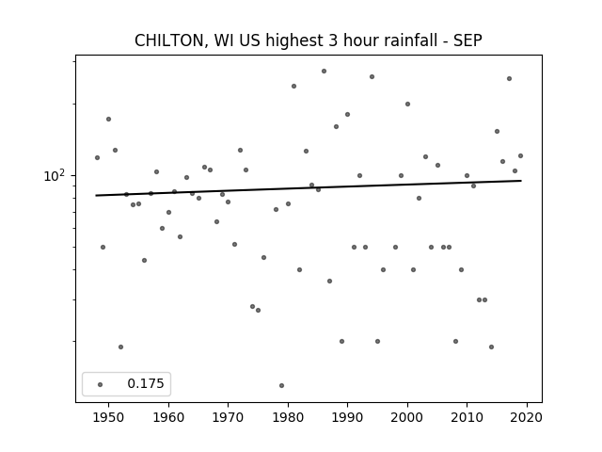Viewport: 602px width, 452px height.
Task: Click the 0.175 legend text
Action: click(146, 383)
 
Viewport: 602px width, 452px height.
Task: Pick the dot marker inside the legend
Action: click(101, 384)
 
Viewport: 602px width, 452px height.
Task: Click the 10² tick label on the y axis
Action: click(55, 176)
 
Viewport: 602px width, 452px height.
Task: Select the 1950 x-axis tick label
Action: click(109, 417)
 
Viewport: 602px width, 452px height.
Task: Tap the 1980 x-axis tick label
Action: click(288, 417)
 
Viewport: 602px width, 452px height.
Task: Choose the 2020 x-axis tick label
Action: click(527, 417)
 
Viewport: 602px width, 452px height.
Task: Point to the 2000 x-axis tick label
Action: click(407, 417)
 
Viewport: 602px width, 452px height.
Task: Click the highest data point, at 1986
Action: click(324, 72)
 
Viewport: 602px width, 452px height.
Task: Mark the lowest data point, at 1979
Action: click(282, 385)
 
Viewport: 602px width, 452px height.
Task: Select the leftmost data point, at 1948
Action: click(97, 157)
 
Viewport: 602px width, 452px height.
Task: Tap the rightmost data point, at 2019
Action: click(520, 155)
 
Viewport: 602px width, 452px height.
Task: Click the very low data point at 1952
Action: click(121, 347)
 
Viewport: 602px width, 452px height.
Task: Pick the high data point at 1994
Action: click(372, 77)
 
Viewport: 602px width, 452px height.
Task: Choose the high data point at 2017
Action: click(510, 78)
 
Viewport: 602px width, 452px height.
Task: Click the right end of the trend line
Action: click(521, 181)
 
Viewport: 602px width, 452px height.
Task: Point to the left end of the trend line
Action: click(96, 196)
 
